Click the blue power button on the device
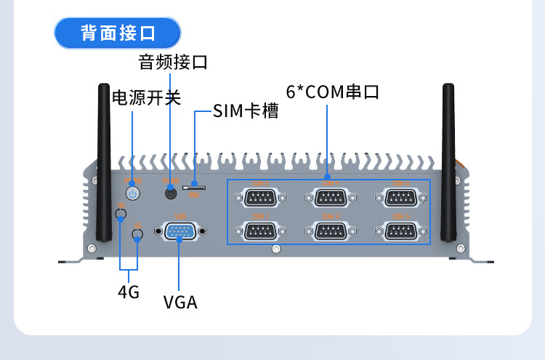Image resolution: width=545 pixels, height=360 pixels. click(132, 193)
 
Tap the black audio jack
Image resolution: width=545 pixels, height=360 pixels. click(171, 193)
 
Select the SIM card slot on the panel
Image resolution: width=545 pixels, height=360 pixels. click(196, 188)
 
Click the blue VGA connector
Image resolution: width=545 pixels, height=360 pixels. click(179, 231)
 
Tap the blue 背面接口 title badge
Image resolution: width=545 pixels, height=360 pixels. click(118, 33)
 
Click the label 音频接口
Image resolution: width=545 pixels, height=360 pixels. click(173, 62)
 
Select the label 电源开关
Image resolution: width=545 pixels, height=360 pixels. click(146, 97)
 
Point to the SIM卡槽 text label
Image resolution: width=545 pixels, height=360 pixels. click(246, 111)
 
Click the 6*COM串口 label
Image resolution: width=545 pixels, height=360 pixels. click(333, 92)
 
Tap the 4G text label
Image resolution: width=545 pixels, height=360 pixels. click(129, 292)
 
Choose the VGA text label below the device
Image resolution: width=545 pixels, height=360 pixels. click(180, 302)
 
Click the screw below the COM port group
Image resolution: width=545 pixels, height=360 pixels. click(276, 249)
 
